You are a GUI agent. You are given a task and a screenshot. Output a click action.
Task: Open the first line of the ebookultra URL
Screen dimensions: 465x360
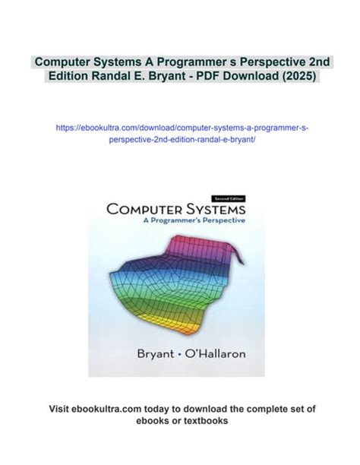(180, 128)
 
